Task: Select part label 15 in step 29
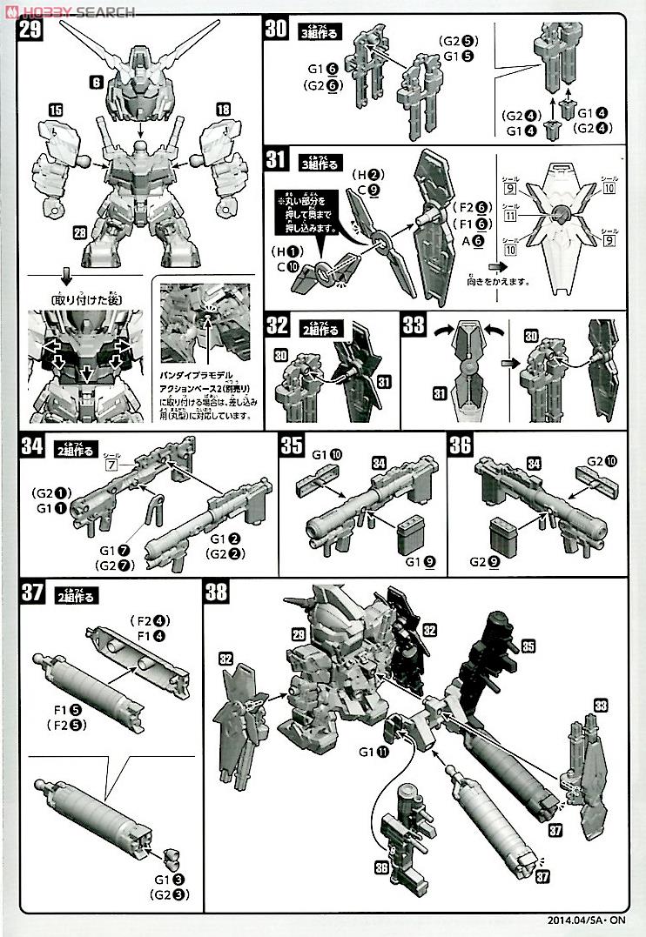[54, 110]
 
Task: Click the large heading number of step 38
[217, 593]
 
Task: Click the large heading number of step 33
[414, 326]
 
